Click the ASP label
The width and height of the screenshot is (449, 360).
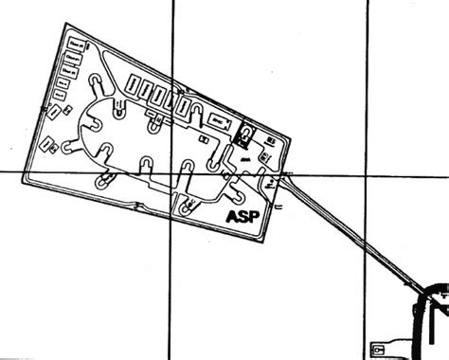(244, 217)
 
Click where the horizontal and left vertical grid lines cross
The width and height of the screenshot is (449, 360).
(171, 172)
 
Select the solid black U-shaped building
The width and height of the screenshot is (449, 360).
(244, 134)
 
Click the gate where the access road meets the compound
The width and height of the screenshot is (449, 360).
(284, 176)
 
